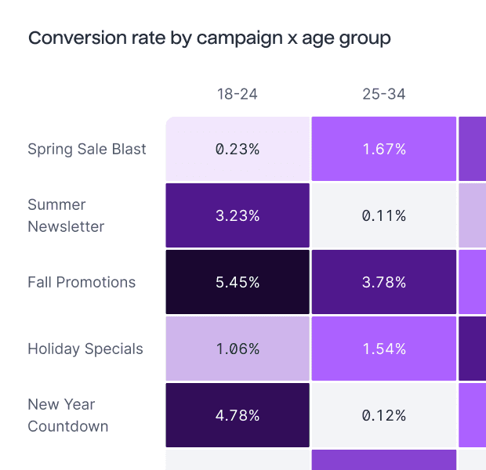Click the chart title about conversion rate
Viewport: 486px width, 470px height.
[209, 38]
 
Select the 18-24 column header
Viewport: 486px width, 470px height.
[238, 95]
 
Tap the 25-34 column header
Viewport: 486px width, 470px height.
[384, 95]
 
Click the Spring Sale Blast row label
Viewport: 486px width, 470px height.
[87, 149]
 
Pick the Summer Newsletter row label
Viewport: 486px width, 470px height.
[66, 215]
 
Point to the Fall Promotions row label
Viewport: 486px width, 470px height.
[82, 282]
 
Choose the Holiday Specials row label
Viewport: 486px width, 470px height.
[85, 349]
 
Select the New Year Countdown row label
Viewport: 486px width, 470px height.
[67, 415]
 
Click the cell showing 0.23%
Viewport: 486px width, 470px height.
[238, 149]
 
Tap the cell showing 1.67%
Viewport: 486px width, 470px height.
[384, 149]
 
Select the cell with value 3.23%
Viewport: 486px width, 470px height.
[238, 215]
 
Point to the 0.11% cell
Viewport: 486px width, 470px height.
[384, 215]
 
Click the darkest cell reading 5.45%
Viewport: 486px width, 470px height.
[238, 282]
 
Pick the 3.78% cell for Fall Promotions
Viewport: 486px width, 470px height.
[384, 282]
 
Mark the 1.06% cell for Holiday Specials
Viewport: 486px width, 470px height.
[238, 349]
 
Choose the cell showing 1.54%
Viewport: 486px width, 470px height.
[384, 349]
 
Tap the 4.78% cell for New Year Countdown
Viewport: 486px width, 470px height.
[238, 415]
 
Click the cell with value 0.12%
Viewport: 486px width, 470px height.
[384, 415]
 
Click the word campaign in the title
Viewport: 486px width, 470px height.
[240, 38]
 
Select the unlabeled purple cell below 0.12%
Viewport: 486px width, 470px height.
[384, 460]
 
